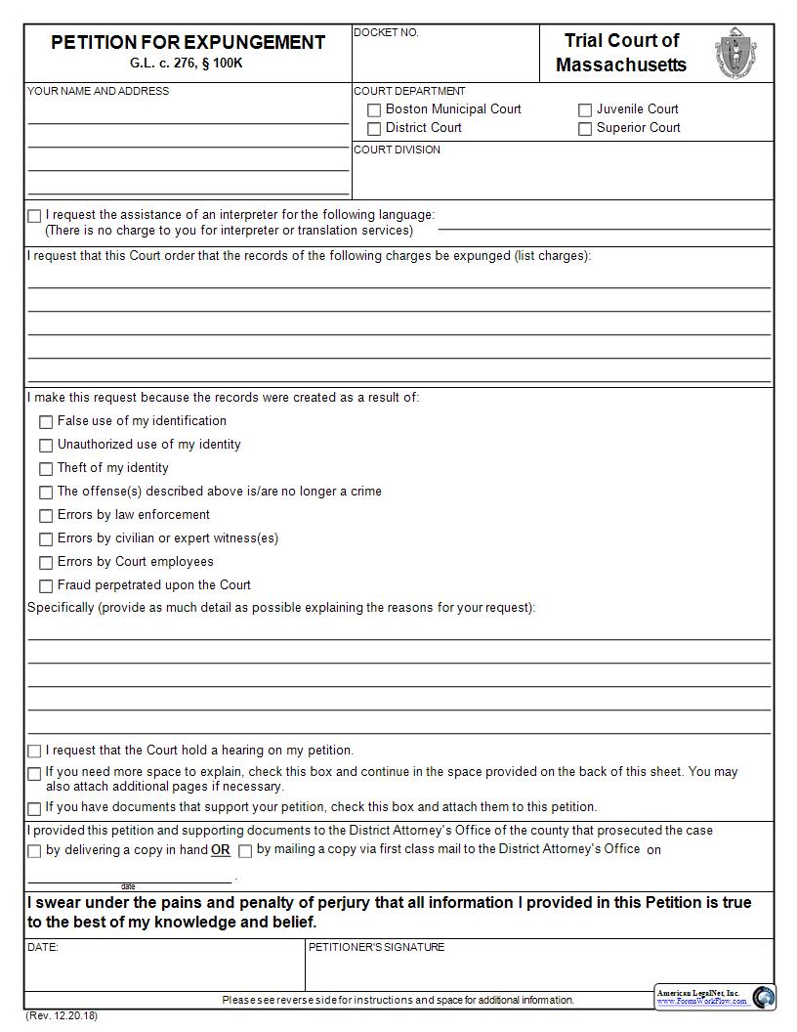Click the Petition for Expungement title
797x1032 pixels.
point(188,42)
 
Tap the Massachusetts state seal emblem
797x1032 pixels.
point(734,53)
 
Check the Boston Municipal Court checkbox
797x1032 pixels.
point(374,110)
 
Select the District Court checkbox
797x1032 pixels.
point(374,129)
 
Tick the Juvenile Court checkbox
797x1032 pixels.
point(585,110)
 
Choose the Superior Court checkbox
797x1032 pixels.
point(585,129)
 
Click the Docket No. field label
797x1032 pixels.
point(386,32)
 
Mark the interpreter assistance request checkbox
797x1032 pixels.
point(35,216)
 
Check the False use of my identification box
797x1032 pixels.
point(46,422)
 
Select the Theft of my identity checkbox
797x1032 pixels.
point(46,469)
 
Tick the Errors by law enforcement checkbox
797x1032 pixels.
point(46,516)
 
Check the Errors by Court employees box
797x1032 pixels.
point(46,563)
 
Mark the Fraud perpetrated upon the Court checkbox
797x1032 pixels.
point(46,586)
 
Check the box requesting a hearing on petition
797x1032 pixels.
point(35,752)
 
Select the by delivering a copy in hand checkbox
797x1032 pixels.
point(35,851)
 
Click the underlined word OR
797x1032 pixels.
point(221,850)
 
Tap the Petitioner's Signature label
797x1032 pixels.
point(376,947)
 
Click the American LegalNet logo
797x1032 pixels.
point(715,997)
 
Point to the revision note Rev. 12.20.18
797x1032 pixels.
point(62,1015)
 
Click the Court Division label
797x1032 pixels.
point(397,150)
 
